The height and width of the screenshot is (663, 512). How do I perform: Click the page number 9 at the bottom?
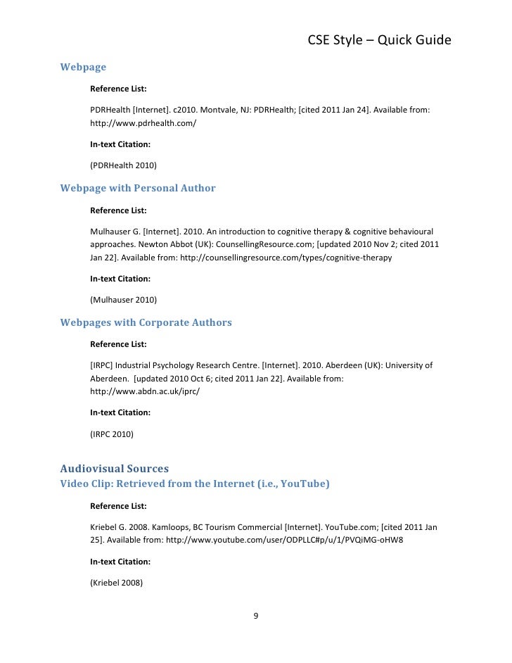click(x=256, y=617)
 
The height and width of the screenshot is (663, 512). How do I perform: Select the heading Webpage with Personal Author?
click(x=138, y=188)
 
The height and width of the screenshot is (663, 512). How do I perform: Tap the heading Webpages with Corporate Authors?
click(x=146, y=322)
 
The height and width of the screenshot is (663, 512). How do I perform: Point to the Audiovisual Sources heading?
click(x=115, y=467)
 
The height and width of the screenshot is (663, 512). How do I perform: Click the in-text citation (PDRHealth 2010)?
click(x=124, y=165)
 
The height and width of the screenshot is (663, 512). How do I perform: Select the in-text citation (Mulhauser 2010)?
click(x=124, y=300)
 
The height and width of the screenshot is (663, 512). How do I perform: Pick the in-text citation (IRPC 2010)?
click(x=113, y=434)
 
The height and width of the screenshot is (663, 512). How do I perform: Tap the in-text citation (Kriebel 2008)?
click(x=117, y=582)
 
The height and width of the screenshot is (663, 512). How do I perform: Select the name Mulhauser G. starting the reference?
click(x=116, y=231)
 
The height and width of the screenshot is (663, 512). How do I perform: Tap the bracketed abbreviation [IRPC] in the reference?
click(x=102, y=365)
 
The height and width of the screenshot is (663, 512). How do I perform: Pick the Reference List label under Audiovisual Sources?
click(x=119, y=505)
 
